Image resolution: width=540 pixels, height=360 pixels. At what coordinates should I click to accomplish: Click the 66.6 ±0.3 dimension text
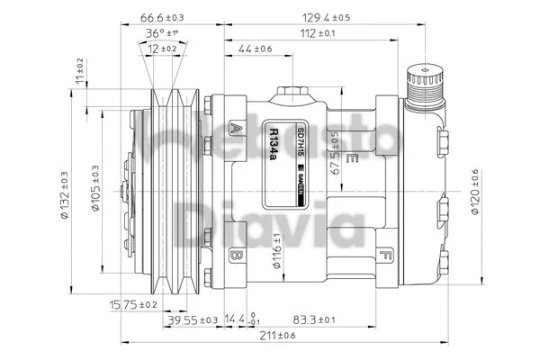pos(162,17)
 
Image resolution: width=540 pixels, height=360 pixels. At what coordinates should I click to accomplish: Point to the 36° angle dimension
pos(162,33)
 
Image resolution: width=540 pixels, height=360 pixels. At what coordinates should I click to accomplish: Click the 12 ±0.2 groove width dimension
pos(162,48)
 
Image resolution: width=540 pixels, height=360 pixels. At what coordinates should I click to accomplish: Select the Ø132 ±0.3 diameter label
pos(63,192)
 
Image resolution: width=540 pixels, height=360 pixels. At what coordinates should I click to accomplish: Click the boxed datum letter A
pos(237,127)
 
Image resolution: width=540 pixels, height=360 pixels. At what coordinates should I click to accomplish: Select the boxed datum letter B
pos(237,255)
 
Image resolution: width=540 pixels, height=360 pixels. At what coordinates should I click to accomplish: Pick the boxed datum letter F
pos(385,255)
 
